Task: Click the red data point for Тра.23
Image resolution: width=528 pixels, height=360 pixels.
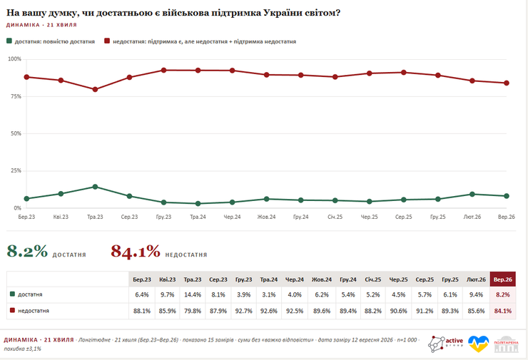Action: [x=95, y=90]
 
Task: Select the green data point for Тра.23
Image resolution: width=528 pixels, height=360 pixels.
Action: [x=95, y=187]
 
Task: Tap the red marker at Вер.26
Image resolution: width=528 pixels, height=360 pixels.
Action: [x=507, y=83]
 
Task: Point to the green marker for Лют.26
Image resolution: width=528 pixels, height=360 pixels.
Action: [x=472, y=194]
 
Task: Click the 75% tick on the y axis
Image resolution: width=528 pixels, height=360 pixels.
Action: [x=16, y=96]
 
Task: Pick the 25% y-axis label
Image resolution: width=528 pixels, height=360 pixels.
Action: [x=16, y=170]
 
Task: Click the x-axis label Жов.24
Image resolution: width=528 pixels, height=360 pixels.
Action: [x=266, y=217]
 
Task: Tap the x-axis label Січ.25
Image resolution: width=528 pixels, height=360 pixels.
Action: [x=335, y=217]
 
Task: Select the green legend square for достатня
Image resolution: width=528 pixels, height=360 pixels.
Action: [x=9, y=41]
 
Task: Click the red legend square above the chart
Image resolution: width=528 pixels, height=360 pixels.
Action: [x=107, y=41]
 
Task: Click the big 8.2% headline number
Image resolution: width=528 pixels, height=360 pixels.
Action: [x=27, y=252]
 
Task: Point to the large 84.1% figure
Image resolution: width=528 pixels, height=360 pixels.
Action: [x=136, y=252]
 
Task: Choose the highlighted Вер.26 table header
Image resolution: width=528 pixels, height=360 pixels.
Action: [x=503, y=279]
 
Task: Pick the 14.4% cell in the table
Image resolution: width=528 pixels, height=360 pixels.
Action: [x=193, y=294]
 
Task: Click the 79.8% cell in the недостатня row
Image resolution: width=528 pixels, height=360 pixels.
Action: [x=193, y=311]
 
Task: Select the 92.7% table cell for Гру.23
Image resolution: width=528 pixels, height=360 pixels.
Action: [x=243, y=311]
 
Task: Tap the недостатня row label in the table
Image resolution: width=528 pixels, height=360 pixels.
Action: [x=34, y=311]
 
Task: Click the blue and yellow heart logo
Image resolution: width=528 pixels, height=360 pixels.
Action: [x=479, y=344]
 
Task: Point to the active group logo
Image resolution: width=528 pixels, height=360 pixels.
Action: [x=445, y=344]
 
